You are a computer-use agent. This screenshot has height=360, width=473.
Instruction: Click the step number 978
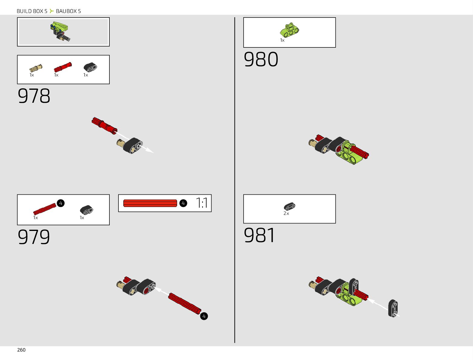(34, 96)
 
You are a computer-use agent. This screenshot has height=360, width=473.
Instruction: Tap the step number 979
(34, 237)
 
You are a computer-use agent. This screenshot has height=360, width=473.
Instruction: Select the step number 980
(261, 60)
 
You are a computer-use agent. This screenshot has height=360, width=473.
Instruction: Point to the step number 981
(260, 235)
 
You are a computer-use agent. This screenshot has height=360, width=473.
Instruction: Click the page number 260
(21, 350)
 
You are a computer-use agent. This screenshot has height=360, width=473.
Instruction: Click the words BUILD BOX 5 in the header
(32, 11)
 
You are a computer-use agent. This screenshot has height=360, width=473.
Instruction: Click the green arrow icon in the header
(52, 11)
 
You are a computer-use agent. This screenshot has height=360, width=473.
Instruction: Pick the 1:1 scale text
(202, 203)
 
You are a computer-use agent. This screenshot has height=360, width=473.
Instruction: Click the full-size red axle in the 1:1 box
(150, 203)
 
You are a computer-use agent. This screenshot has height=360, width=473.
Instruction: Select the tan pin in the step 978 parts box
(36, 68)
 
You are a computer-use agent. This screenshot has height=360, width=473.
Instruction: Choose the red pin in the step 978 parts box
(63, 67)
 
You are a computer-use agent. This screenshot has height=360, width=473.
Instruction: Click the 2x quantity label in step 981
(286, 213)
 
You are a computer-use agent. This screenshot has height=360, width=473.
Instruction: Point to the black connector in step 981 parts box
(290, 207)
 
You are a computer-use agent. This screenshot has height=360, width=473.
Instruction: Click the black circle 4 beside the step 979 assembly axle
(204, 316)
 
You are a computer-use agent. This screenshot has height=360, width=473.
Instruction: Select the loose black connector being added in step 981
(393, 308)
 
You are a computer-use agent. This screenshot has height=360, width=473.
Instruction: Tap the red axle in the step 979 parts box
(45, 209)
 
